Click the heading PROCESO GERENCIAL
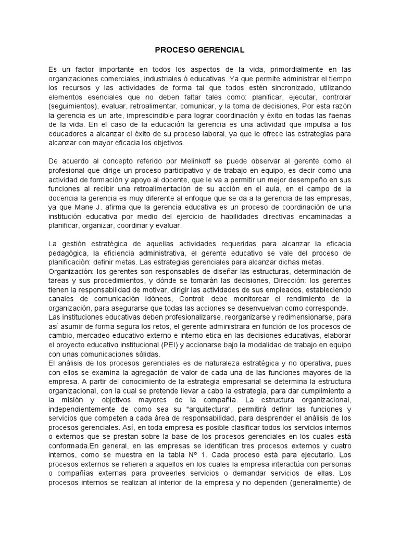(x=199, y=50)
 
